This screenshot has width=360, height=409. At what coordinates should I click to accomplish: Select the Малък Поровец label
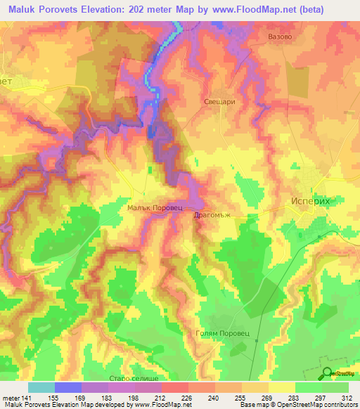pos(155,208)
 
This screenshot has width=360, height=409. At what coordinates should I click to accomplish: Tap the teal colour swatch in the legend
pos(41,387)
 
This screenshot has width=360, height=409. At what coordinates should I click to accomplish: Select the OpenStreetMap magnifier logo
pos(327,373)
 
